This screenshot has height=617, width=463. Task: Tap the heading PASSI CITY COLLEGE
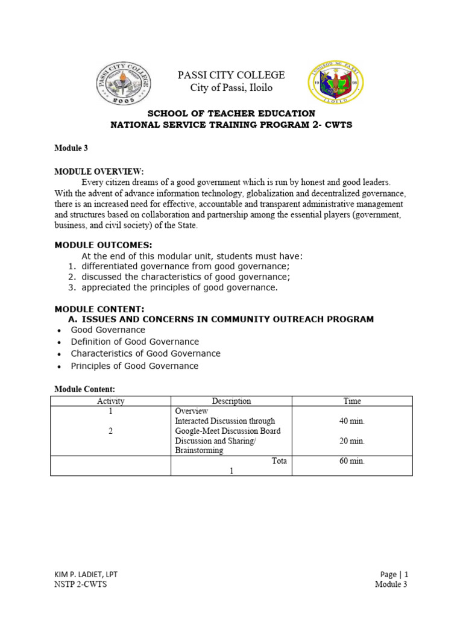[x=230, y=75]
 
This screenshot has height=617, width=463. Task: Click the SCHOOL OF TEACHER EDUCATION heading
[x=231, y=113]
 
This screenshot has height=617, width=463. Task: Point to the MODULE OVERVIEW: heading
[x=99, y=172]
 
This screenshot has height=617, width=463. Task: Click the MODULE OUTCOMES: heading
[x=103, y=245]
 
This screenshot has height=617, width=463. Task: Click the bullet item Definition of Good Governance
[x=134, y=342]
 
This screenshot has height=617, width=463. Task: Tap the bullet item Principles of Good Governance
[x=134, y=366]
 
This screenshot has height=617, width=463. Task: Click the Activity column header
[x=110, y=401]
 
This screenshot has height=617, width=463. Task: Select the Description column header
[x=231, y=401]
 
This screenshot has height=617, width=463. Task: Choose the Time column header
[x=352, y=401]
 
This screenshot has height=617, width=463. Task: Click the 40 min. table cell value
[x=352, y=421]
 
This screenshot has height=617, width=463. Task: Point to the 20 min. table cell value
[x=352, y=441]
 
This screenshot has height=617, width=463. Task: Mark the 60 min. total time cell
[x=352, y=461]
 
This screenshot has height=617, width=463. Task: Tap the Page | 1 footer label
[x=394, y=574]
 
